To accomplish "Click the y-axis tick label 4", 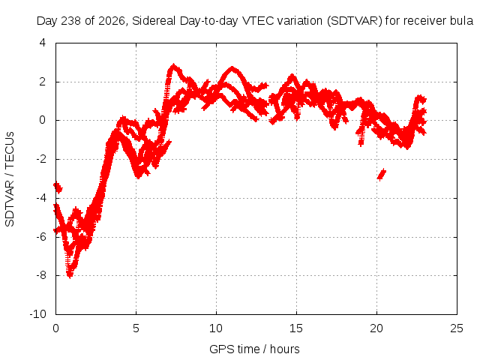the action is pos(43,43).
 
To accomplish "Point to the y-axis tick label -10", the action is pos(37,314).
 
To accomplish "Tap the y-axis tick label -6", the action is pos(41,237).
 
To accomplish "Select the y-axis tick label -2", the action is pos(41,159).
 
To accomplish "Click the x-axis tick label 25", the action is pos(457,328).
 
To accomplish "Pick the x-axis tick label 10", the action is pos(216,328).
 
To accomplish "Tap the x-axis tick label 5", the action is pos(136,328).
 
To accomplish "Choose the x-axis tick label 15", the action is pos(296,328).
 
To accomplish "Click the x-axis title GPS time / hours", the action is pos(254,349).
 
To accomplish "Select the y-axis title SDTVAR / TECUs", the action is pos(10,179).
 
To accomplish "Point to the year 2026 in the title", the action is pos(112,21).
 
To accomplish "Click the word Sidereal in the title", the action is pos(154,21).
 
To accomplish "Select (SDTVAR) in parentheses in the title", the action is pos(355,21).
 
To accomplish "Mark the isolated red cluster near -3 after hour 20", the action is pos(382,175).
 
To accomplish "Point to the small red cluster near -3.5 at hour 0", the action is pos(58,187).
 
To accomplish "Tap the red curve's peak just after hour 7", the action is pos(174,66).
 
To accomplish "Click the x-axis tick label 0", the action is pos(55,328).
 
